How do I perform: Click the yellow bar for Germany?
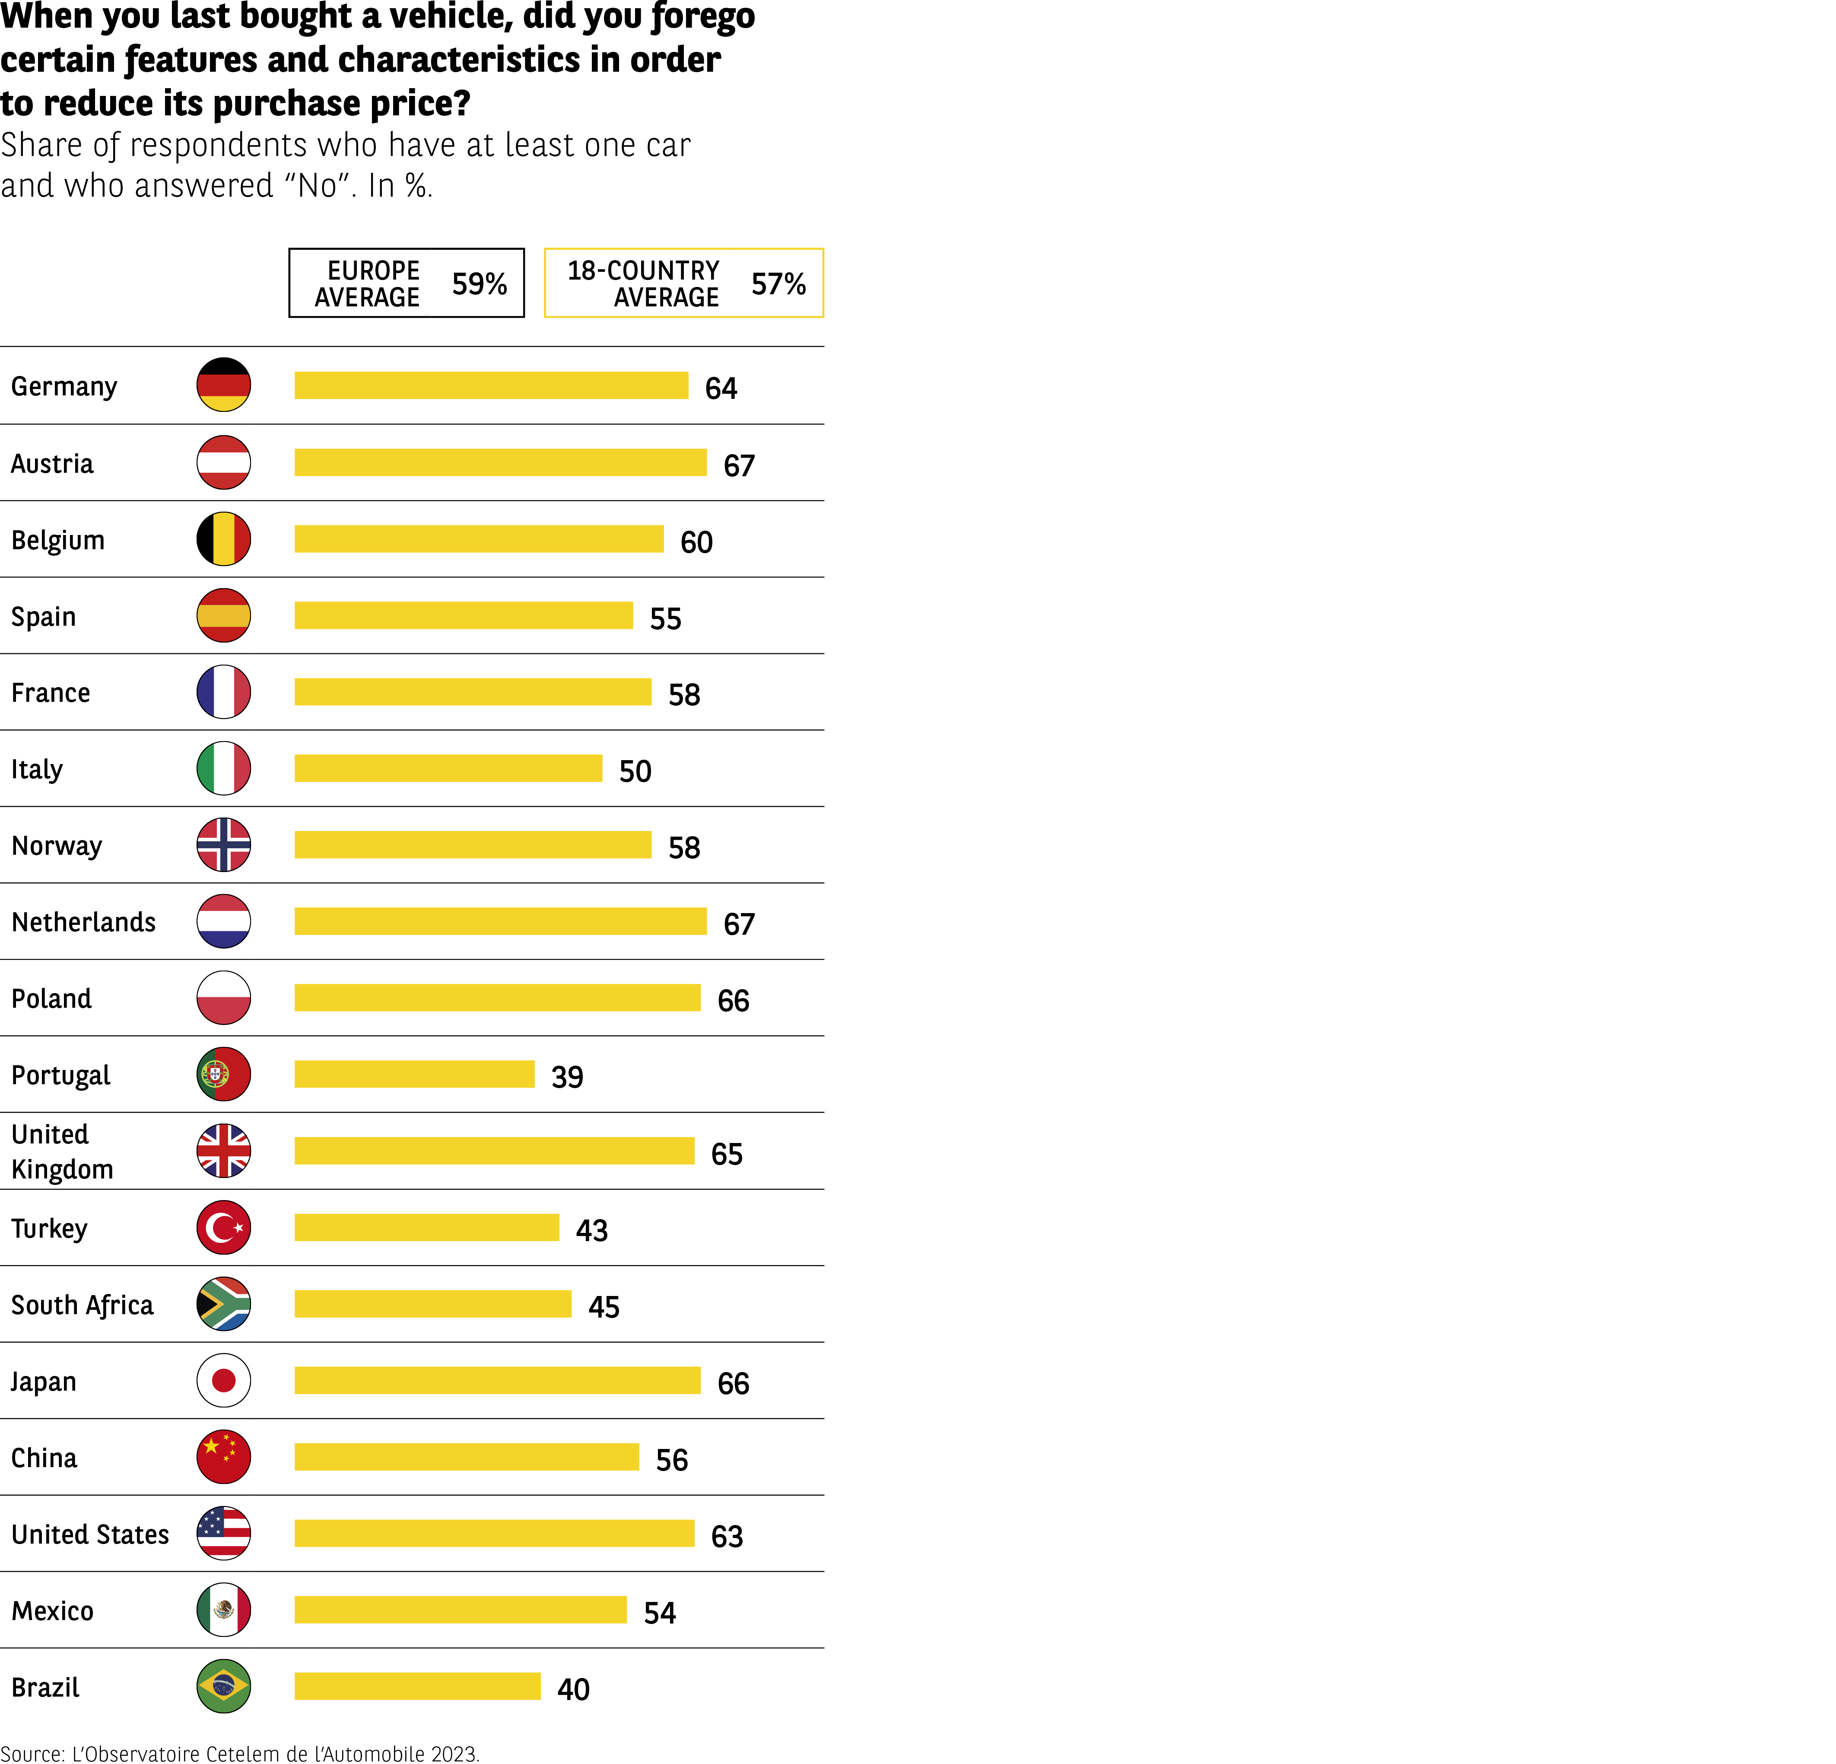(x=491, y=385)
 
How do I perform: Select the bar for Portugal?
(x=414, y=1074)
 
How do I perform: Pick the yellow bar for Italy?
(x=448, y=768)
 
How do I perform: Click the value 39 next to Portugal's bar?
(x=567, y=1076)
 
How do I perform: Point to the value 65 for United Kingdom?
(x=727, y=1153)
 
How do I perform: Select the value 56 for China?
(x=672, y=1459)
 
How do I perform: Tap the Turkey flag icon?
(x=224, y=1227)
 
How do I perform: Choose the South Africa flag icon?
(x=224, y=1304)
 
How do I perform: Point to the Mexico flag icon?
(x=224, y=1609)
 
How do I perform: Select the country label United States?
(x=90, y=1535)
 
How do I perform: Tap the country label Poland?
(x=51, y=999)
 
